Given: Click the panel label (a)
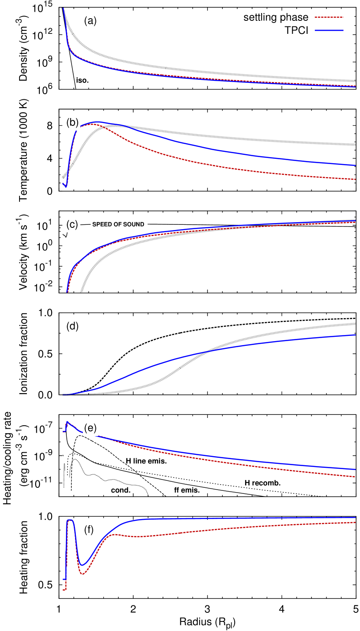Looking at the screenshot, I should [x=90, y=21].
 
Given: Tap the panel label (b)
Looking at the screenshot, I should [x=72, y=123].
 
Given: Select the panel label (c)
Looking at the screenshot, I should [x=72, y=225].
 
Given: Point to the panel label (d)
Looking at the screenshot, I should [x=72, y=326].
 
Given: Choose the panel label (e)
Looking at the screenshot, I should [x=90, y=428].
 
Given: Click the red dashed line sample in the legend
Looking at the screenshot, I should [x=329, y=17].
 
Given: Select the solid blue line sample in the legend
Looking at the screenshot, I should [x=329, y=30].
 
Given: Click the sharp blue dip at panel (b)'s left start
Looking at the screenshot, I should [x=65, y=187].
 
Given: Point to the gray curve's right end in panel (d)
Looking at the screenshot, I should [x=355, y=323].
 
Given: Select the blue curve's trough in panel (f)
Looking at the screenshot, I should [x=83, y=565].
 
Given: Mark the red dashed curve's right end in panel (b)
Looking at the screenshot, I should [x=355, y=179].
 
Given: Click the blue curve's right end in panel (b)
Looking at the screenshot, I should [x=355, y=165].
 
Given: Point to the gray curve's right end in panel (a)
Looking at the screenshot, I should [x=355, y=81].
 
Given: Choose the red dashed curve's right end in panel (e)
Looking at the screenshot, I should [x=355, y=477].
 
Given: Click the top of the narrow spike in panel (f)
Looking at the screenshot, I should [x=70, y=519].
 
